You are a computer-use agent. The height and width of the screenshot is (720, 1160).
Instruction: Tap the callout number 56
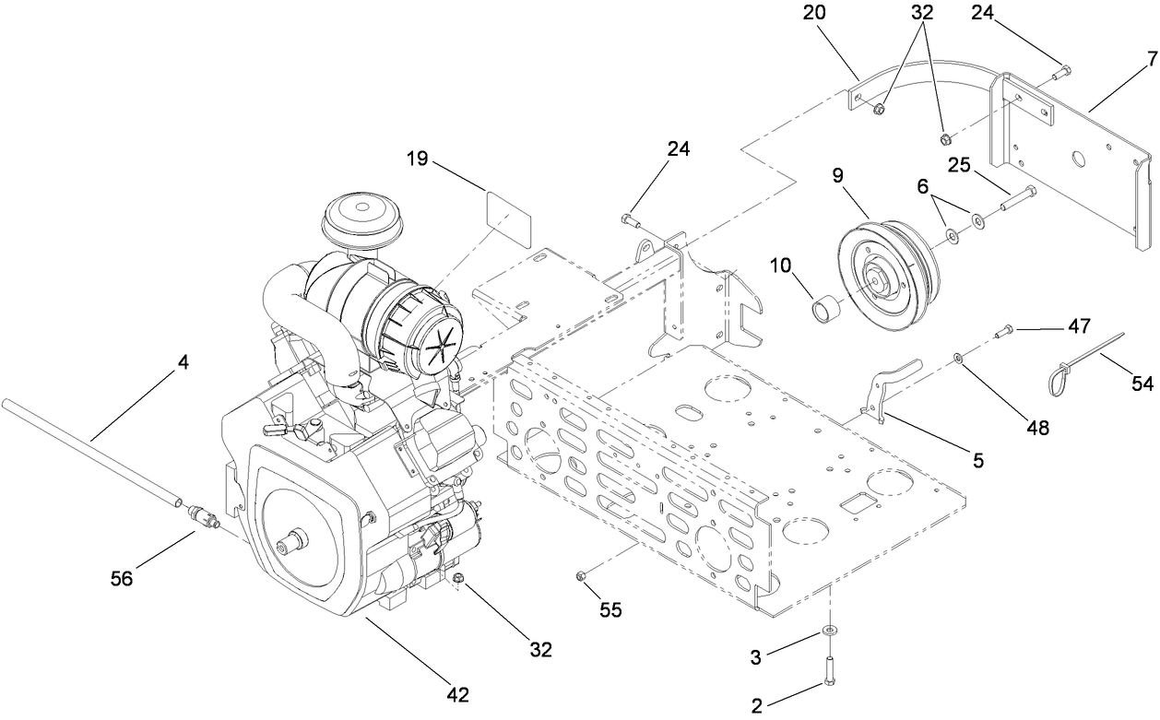[122, 578]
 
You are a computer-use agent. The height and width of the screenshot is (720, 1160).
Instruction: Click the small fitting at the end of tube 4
[203, 517]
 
